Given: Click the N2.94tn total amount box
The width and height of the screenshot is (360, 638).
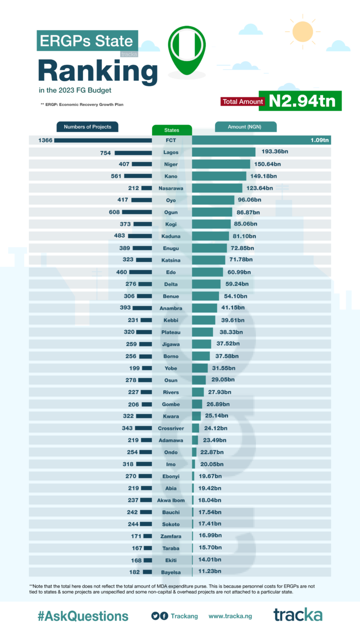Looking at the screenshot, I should point(303,101).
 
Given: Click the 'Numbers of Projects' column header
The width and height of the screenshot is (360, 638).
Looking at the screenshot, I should point(87,126).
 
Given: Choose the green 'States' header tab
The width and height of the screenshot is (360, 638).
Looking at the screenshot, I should point(171,130).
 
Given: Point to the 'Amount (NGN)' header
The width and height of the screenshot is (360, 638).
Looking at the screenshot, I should point(245,126).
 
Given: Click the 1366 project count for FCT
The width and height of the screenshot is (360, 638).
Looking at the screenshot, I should point(45,140).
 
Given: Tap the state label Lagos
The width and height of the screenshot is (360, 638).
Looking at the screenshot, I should point(171,152).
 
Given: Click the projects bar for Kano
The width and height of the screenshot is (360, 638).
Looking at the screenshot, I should point(138,176).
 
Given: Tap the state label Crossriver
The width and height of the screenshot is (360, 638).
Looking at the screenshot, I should point(171,428).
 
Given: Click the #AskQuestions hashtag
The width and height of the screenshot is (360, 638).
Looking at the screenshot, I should point(83,616).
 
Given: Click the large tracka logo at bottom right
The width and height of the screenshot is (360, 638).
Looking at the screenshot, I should point(297,615).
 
